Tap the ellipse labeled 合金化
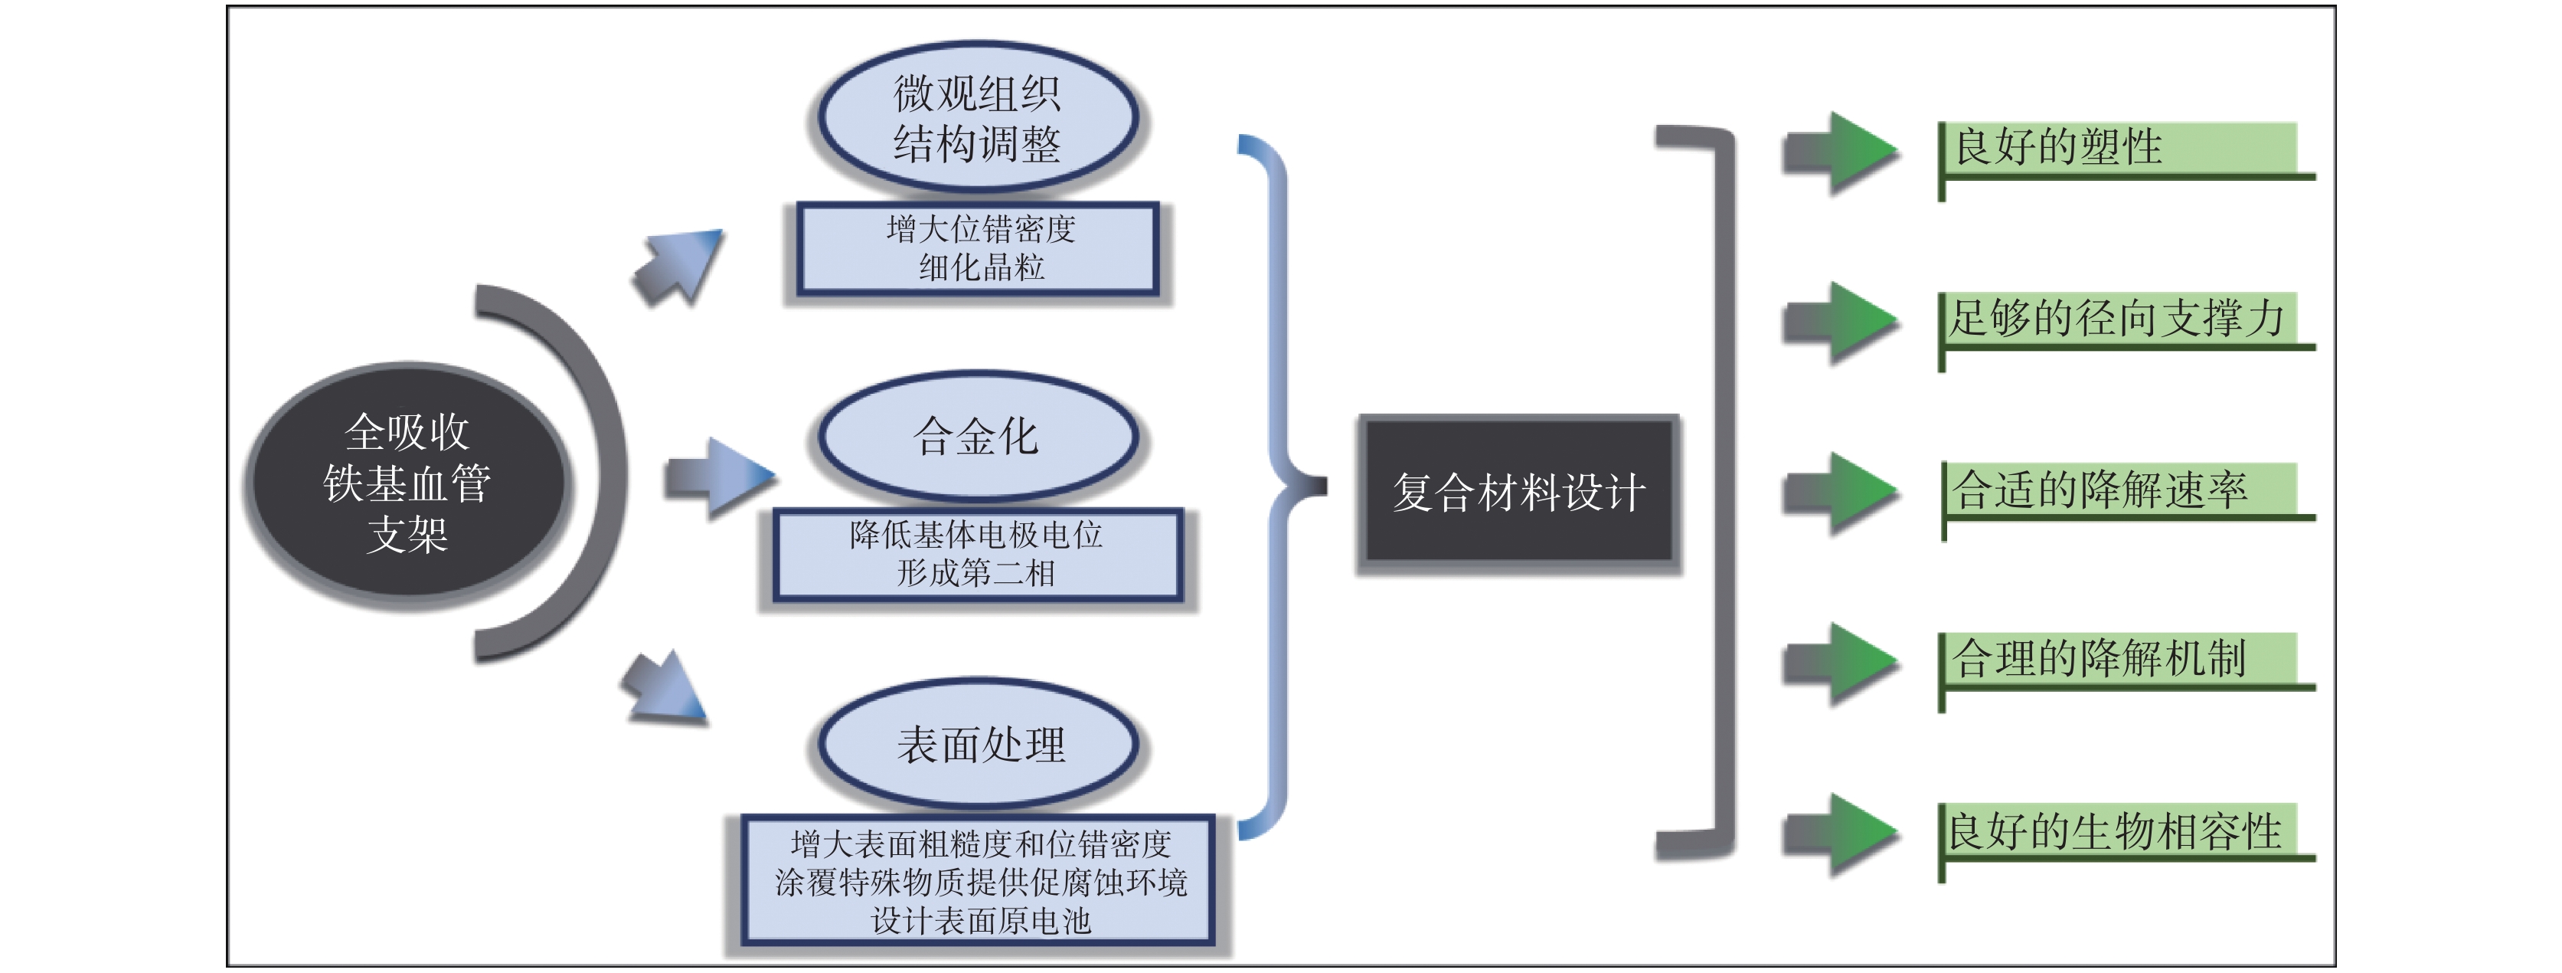coord(978,436)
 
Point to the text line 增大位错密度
coord(981,230)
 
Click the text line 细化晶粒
coord(981,267)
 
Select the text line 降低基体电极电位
coord(977,536)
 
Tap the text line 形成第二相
coord(977,573)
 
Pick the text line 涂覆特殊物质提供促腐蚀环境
coord(981,883)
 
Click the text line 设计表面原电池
coord(981,920)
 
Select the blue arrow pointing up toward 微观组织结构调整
coord(681,266)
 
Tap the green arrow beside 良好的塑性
coord(1840,152)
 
